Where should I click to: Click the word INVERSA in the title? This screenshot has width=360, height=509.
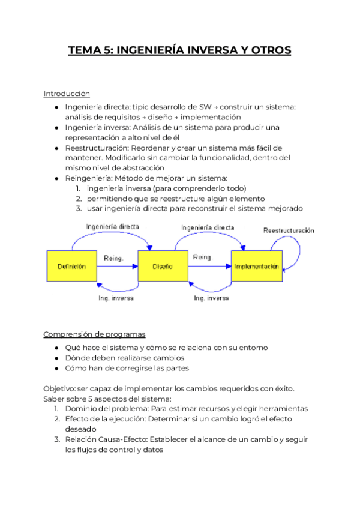pos(210,50)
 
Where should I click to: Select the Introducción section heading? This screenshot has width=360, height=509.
pos(67,94)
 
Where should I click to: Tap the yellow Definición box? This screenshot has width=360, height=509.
pos(71,266)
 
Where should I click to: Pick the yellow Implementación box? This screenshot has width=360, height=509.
pos(256,266)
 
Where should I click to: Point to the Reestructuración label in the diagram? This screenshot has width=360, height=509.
pos(290,230)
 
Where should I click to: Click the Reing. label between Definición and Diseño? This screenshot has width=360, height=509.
pos(113,258)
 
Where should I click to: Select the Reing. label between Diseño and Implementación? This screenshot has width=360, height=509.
pos(202,258)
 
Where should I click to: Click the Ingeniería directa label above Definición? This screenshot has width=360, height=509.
pos(112,227)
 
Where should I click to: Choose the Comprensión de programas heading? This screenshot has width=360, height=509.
pos(94,334)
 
